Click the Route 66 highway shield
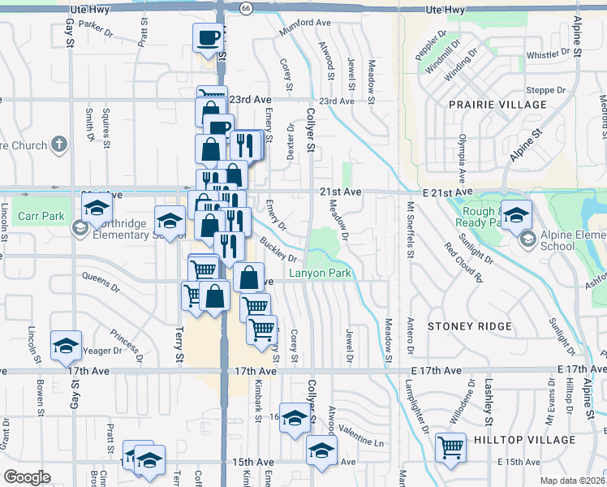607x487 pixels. coord(246,7)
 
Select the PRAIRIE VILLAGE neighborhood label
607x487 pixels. coord(498,105)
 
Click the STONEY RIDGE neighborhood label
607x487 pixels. coord(470,326)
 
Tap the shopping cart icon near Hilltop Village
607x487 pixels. coord(450,446)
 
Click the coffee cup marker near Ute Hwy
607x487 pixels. coord(208,37)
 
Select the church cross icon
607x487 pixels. coord(58,145)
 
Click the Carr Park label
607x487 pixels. coord(41,217)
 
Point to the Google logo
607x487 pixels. coord(26,477)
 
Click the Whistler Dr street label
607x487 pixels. coord(549,55)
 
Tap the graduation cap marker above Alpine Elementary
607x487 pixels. coord(516,214)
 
